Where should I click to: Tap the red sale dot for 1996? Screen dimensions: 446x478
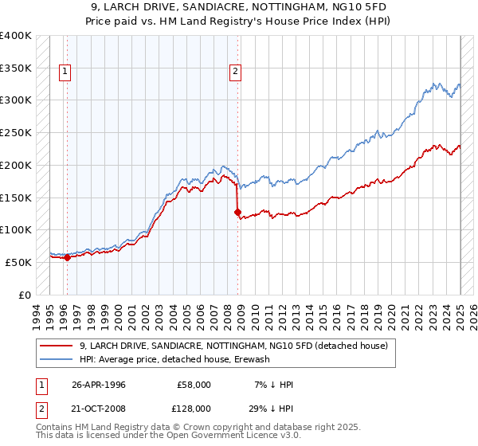coord(67,256)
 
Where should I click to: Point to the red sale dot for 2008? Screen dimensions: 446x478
coord(237,212)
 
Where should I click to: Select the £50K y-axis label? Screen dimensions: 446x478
coord(18,262)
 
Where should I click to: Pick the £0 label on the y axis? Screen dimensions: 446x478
coord(25,295)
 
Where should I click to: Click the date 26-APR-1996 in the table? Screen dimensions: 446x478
coord(98,384)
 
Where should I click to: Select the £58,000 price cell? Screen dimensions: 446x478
coord(194,384)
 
